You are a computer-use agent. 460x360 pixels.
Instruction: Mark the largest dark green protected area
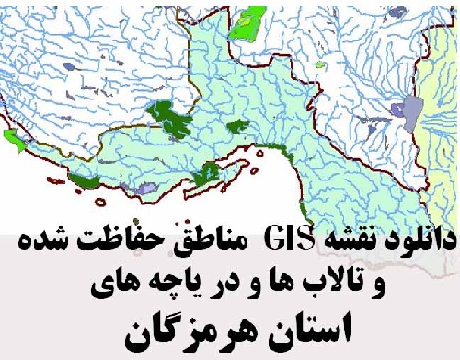(171, 115)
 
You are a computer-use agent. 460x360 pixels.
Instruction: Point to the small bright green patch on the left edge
(13, 139)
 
